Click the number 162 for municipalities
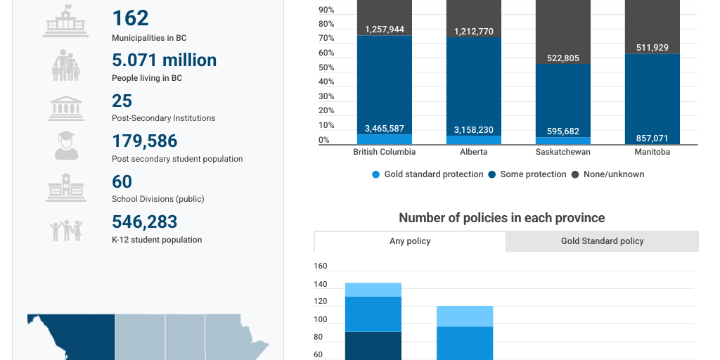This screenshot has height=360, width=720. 131,18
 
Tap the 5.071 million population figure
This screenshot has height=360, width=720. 164,60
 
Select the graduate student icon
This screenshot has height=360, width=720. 65,145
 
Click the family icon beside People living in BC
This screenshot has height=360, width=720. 65,65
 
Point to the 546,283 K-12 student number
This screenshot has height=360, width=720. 144,222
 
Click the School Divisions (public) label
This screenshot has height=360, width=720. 157,199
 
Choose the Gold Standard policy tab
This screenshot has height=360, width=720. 602,241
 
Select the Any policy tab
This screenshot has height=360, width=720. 409,241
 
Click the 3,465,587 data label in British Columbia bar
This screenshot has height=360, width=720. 384,129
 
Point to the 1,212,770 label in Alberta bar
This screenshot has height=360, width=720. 473,32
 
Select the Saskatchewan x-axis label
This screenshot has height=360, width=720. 562,152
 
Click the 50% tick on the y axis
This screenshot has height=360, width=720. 325,67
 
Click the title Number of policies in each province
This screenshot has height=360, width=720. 501,218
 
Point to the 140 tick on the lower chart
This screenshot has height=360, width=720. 321,284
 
